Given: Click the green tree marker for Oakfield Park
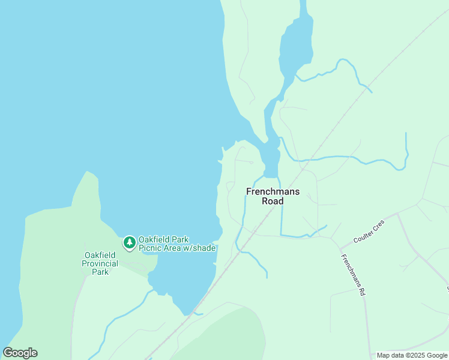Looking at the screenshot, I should coord(129,242).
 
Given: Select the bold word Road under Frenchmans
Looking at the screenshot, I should coord(273,201).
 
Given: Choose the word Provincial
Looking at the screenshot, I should coord(100,263).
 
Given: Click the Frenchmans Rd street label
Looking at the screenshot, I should coord(353,275).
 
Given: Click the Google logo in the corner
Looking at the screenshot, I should coord(20,353).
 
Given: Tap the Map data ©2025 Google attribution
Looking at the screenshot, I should coord(412,355).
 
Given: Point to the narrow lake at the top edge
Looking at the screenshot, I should coord(295,48).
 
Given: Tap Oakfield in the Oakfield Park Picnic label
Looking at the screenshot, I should coord(155,239).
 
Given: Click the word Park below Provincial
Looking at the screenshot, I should coord(100,272).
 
